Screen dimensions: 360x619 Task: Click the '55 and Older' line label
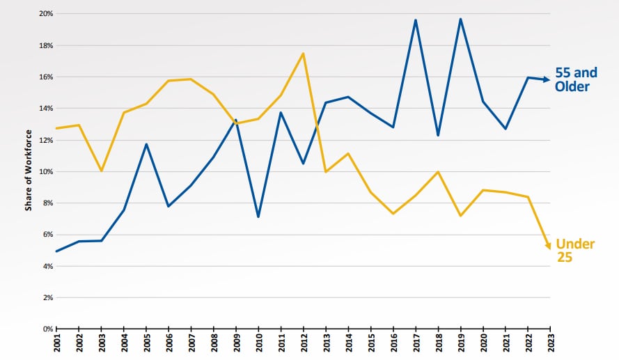click(x=576, y=79)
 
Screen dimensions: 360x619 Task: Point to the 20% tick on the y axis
click(x=45, y=14)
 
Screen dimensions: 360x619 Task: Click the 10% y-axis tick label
click(x=45, y=171)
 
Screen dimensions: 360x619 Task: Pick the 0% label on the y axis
click(x=47, y=329)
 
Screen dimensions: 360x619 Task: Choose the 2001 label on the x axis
click(x=56, y=344)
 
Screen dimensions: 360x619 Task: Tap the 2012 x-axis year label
click(x=304, y=344)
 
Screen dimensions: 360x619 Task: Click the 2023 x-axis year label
click(x=551, y=344)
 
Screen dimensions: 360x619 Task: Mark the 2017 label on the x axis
click(x=416, y=344)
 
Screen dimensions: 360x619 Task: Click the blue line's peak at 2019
click(x=461, y=19)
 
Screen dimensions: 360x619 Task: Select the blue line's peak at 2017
click(x=416, y=19)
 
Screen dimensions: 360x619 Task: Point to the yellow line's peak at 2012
click(x=304, y=53)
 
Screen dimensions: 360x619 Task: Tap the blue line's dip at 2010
click(x=258, y=217)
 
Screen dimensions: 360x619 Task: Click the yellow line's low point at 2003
click(x=102, y=171)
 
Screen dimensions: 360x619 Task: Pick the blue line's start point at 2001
click(x=56, y=251)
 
